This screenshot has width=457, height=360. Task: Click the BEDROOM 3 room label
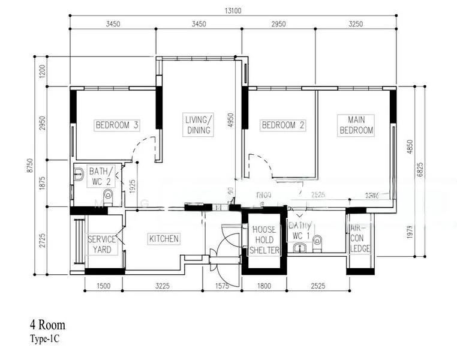click(x=118, y=125)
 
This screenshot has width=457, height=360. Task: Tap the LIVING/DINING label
click(x=198, y=125)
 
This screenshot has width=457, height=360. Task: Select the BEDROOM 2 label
click(x=282, y=125)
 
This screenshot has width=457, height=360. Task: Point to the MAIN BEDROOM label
click(x=356, y=125)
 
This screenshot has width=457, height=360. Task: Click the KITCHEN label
click(x=164, y=239)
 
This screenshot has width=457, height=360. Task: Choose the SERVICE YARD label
click(x=102, y=244)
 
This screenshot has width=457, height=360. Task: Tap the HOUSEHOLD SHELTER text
click(x=264, y=240)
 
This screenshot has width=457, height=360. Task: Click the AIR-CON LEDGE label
click(x=360, y=239)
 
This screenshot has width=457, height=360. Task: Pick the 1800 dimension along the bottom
click(x=264, y=287)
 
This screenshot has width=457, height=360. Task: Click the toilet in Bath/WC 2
click(x=108, y=195)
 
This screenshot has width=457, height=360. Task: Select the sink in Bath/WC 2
click(x=79, y=175)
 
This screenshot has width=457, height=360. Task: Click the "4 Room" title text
click(x=47, y=325)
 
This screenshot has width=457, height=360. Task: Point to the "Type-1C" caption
click(x=44, y=338)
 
